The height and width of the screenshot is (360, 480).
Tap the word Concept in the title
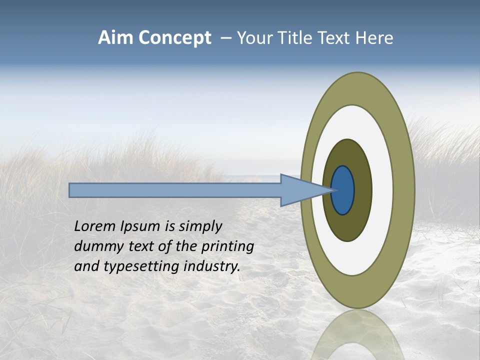(x=175, y=38)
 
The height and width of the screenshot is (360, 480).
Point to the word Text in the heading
(x=334, y=38)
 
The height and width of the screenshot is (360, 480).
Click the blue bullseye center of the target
(x=343, y=190)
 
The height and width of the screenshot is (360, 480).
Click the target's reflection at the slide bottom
(x=357, y=335)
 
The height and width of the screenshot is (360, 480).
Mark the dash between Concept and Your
(x=225, y=38)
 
